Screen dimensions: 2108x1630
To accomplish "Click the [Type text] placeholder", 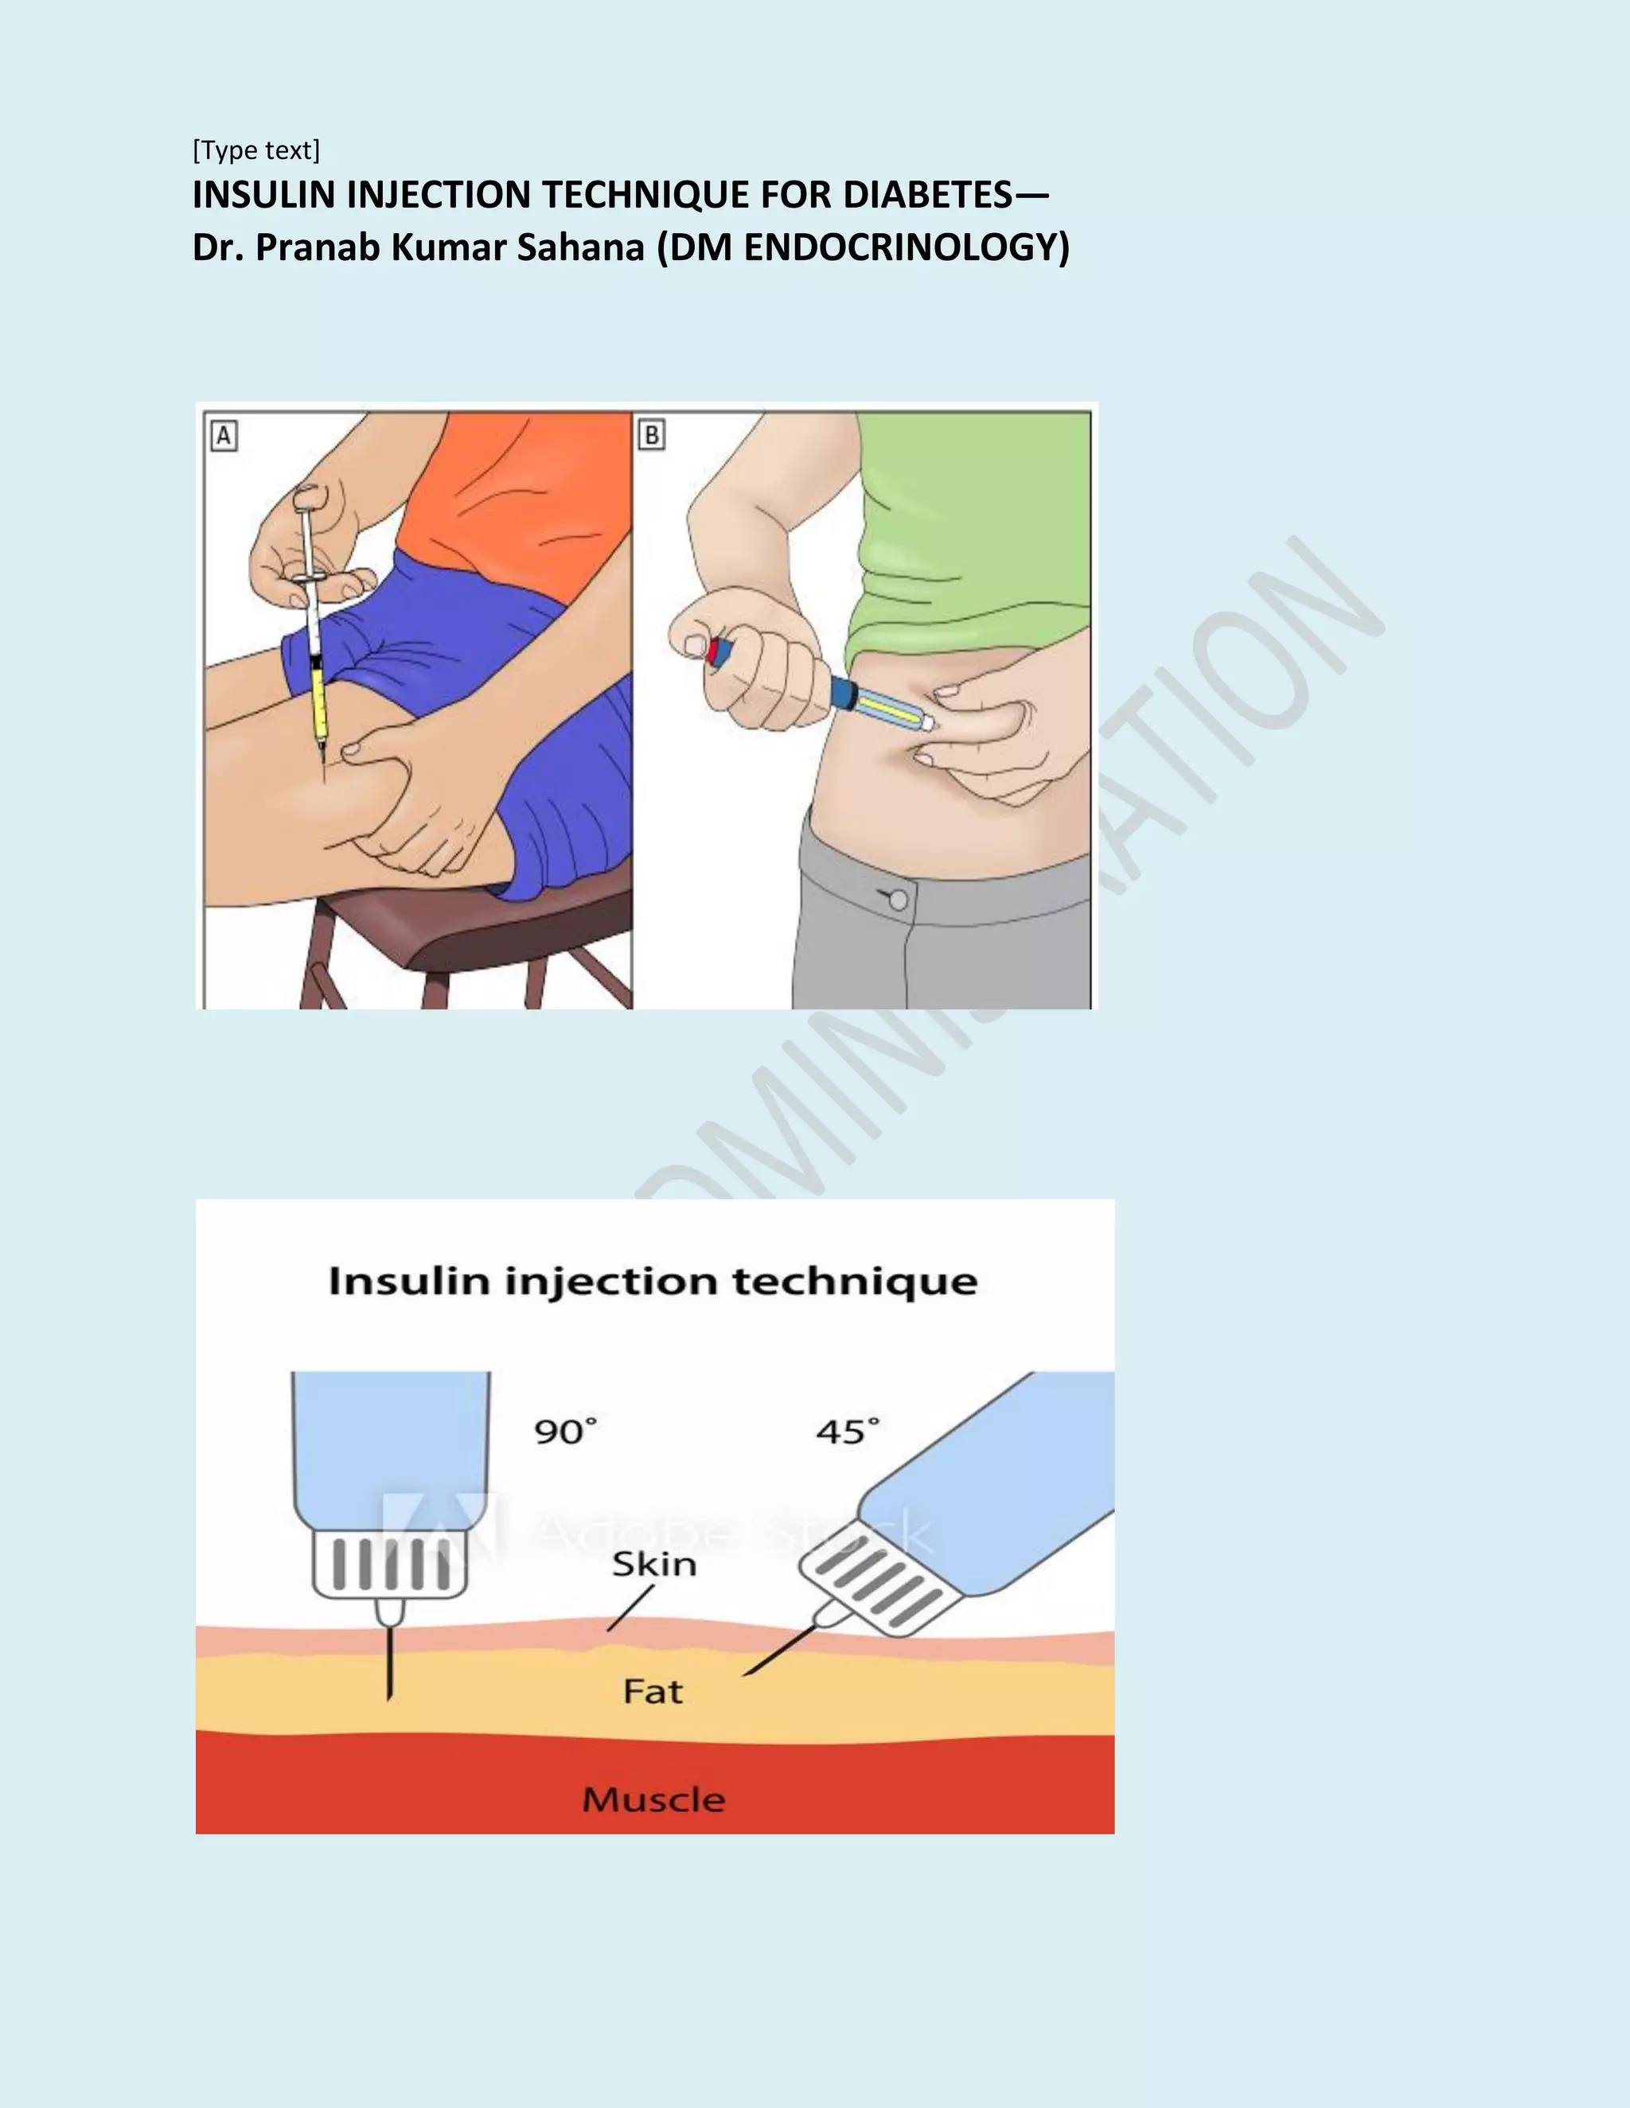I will tap(256, 150).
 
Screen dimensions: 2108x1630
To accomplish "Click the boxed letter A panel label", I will tap(224, 435).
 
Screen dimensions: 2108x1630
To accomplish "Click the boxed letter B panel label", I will tap(652, 435).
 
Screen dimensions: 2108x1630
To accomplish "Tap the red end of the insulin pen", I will tap(714, 652).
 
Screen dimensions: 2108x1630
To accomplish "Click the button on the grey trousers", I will tap(897, 900).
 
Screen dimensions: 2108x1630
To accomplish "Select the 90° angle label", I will tap(566, 1431).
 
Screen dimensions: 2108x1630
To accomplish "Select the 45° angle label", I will tap(847, 1431).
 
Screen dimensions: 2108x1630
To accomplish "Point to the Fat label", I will tap(653, 1691).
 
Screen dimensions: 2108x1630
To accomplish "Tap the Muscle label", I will tap(653, 1800).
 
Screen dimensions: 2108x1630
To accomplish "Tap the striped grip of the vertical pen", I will tap(390, 1564).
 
